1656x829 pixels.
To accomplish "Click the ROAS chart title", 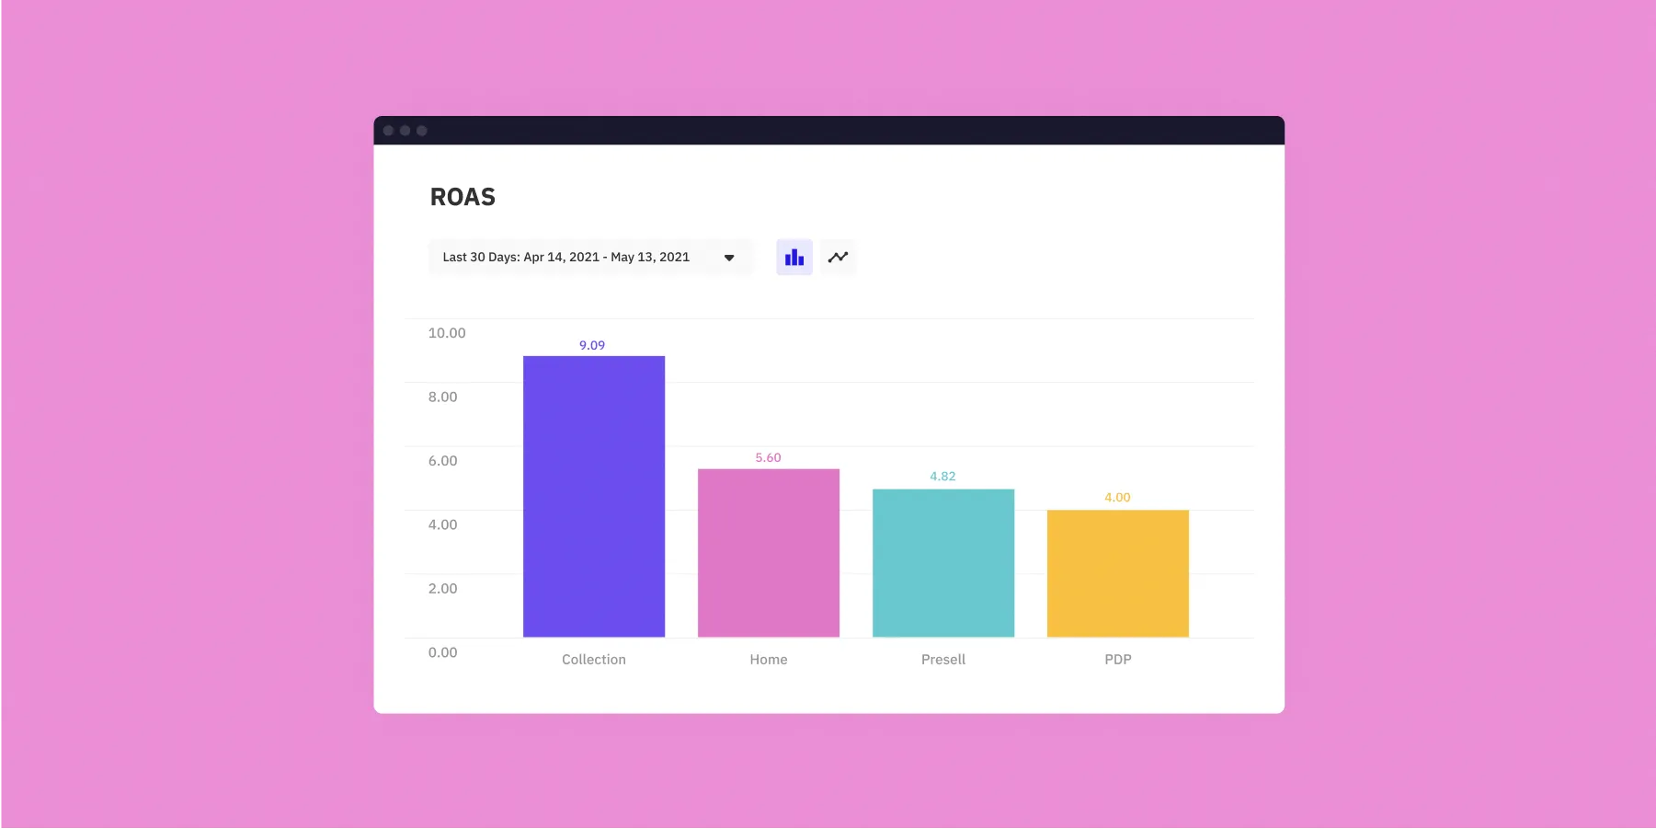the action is click(463, 197).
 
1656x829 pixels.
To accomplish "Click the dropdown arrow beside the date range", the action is click(729, 258).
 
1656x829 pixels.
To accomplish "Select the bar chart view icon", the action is click(794, 258).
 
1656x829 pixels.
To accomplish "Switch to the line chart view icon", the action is click(838, 258).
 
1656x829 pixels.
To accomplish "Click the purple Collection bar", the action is click(594, 497).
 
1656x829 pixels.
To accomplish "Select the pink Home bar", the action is click(769, 553).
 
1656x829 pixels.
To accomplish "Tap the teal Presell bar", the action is click(943, 563).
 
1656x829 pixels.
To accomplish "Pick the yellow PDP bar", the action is click(1118, 574).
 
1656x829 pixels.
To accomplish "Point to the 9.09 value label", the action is click(592, 345).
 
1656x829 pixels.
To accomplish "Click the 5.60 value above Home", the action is click(768, 457).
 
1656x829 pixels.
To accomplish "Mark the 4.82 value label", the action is click(942, 476).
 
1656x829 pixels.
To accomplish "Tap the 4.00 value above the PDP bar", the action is click(1117, 497).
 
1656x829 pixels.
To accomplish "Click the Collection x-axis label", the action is click(594, 660).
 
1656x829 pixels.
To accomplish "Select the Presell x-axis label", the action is click(943, 660).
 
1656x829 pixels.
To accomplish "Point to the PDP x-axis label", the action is click(1118, 660).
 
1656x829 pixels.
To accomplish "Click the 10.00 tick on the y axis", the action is click(447, 333).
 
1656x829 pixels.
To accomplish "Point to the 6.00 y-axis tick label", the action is click(442, 461).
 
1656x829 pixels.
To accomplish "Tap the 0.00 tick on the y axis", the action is click(442, 652).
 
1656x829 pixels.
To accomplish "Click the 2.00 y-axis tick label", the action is click(442, 589).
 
